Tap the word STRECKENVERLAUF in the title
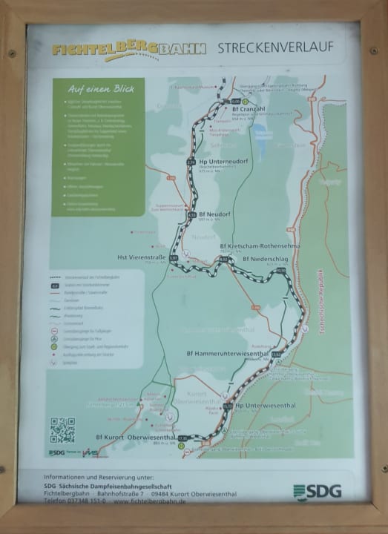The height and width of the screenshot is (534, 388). pos(275,47)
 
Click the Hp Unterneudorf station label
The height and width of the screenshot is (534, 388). pos(226,162)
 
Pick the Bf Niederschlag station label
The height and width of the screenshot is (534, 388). pos(269,260)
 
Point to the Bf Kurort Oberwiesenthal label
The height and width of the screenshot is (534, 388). pos(135,438)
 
